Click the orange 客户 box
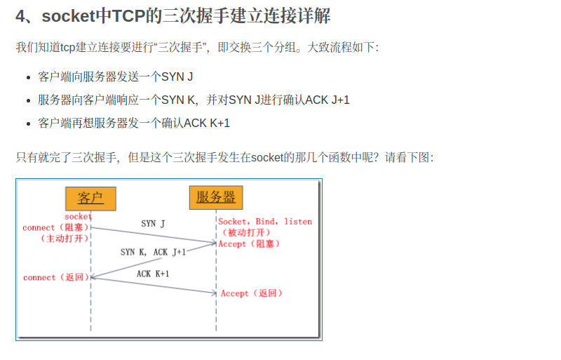click(x=90, y=198)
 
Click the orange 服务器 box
click(x=215, y=197)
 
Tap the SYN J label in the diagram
click(x=153, y=224)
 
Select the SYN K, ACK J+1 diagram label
click(x=153, y=251)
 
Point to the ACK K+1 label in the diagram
click(x=153, y=274)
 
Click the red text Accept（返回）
click(x=252, y=293)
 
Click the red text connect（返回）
click(x=56, y=278)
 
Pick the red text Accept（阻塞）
click(x=250, y=244)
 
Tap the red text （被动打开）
click(x=245, y=233)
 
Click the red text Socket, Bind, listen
click(x=265, y=222)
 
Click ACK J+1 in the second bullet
click(x=327, y=100)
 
